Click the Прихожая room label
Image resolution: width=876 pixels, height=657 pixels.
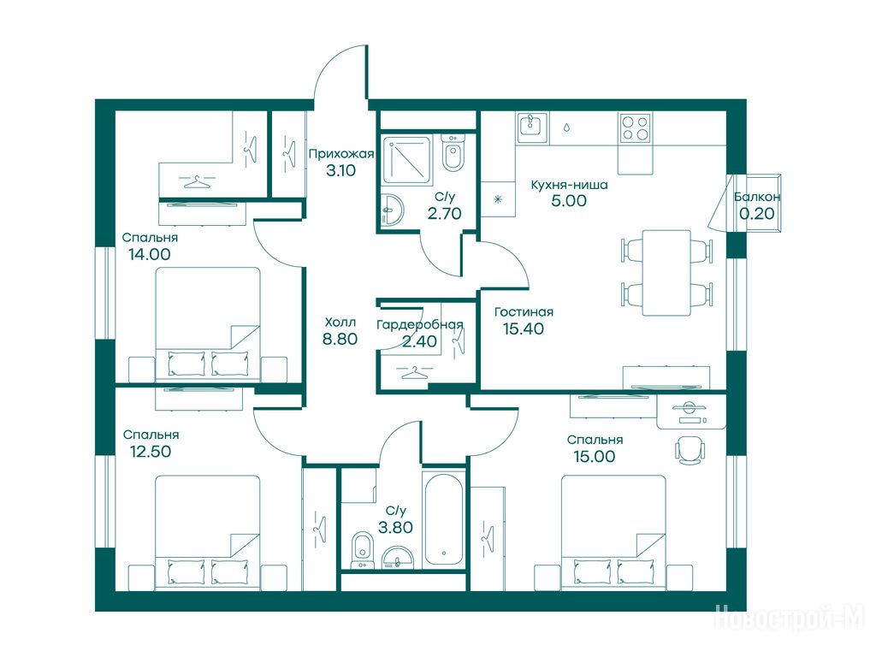340,154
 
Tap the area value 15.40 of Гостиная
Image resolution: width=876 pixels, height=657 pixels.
523,328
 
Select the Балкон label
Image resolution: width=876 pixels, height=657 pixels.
757,197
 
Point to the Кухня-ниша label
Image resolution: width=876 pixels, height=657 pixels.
569,185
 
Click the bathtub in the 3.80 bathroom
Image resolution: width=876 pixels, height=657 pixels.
444,519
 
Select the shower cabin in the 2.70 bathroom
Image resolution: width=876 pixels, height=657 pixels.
406,161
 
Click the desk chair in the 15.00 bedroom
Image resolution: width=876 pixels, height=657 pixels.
690,448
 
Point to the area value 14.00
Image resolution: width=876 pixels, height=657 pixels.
149,254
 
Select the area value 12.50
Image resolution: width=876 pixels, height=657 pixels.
151,451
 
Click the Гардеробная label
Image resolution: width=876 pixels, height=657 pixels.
419,324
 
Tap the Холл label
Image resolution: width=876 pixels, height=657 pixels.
340,323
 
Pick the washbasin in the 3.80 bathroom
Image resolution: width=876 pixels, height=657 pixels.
397,558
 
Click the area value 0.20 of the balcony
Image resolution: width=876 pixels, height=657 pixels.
757,213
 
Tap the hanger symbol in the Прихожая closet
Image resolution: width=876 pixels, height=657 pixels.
289,150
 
